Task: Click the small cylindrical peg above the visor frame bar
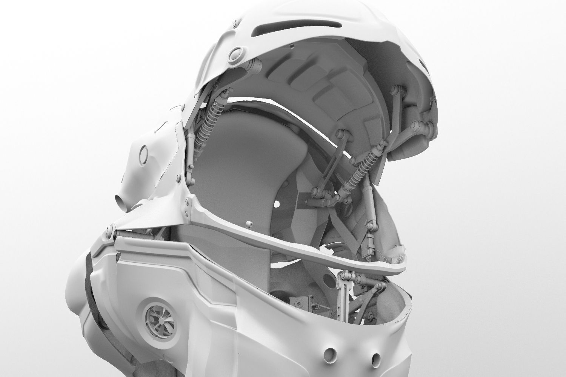click(249, 225)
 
